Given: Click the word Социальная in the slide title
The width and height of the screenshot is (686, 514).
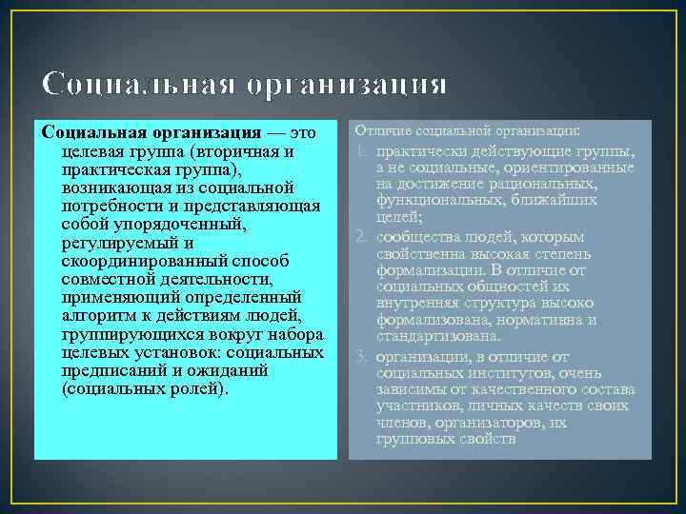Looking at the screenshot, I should click(137, 86).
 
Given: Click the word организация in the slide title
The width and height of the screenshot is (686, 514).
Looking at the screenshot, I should click(346, 86).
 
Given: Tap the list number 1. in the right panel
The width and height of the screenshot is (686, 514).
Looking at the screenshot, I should click(363, 150).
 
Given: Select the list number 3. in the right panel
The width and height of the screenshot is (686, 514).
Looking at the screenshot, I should click(363, 355).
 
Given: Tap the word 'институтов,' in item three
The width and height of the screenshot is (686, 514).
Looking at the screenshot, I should click(506, 372).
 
